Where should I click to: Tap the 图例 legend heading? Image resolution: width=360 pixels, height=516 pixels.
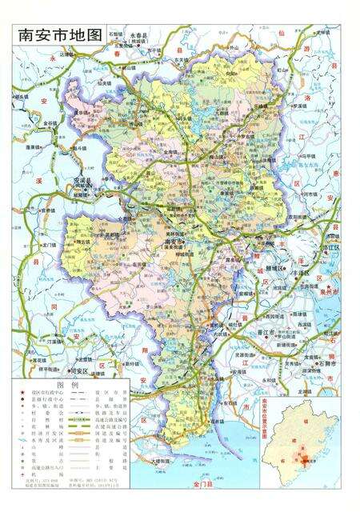click(x=72, y=385)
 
